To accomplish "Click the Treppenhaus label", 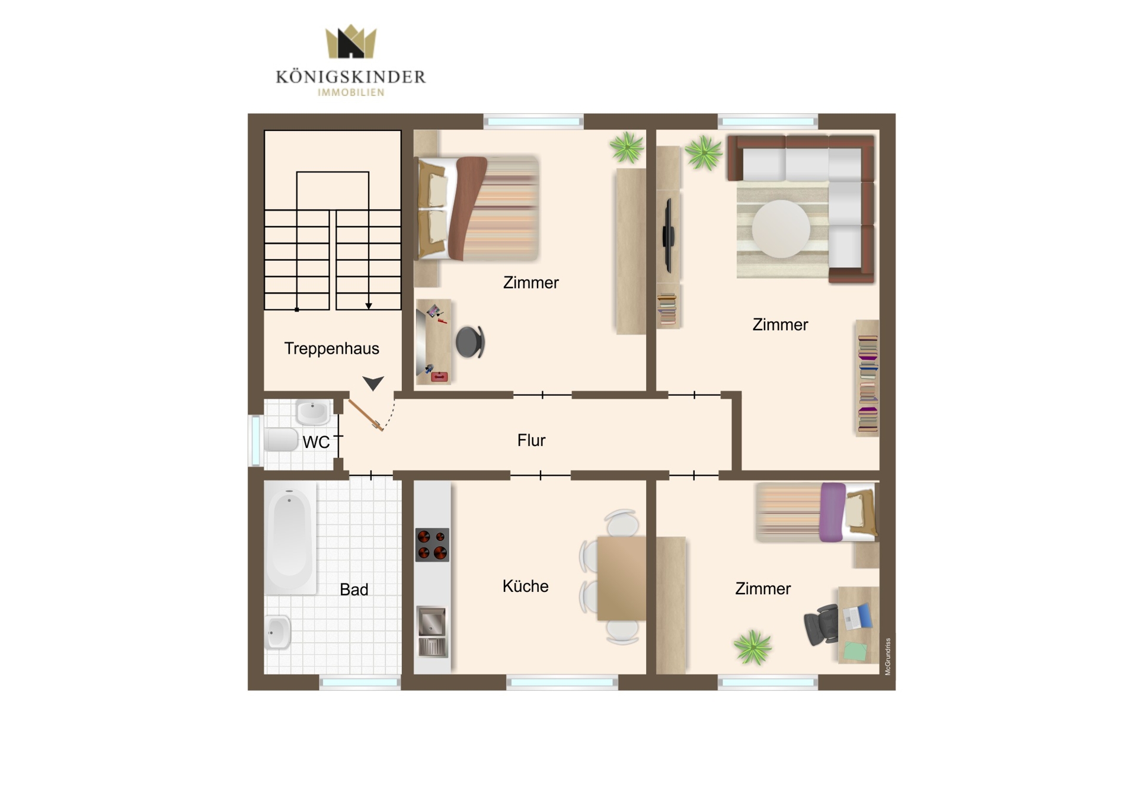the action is (x=331, y=349).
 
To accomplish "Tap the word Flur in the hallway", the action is (x=531, y=440).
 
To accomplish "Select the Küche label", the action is (x=525, y=586).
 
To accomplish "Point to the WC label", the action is (x=316, y=442).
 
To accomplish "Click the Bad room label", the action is (x=354, y=590).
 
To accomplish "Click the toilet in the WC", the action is (x=280, y=440).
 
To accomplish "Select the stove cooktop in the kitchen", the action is (x=432, y=544).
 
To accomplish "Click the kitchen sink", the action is (x=432, y=632).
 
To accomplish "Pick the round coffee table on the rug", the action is (x=781, y=229).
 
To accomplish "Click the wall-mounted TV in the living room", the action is (x=669, y=236).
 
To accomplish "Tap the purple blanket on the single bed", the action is (x=832, y=512).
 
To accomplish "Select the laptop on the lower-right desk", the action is (x=858, y=617).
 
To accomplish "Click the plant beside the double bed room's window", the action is (x=626, y=147).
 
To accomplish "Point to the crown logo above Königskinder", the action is (x=351, y=41).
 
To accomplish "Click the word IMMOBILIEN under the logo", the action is (x=351, y=92).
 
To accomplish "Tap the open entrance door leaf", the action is (x=365, y=415).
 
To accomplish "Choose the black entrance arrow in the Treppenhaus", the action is (x=373, y=383).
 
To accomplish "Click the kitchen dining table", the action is (x=621, y=578).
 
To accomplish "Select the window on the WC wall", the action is (x=255, y=441).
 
